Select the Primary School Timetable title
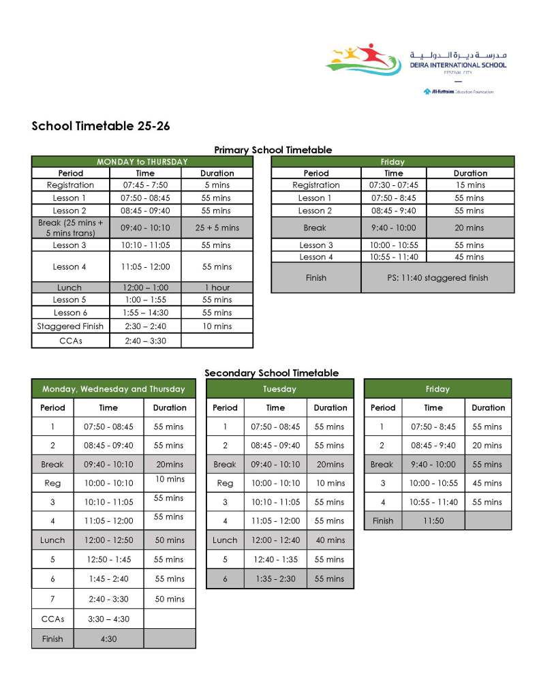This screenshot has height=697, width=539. [x=273, y=150]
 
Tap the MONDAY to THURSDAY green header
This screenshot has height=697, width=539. [x=142, y=161]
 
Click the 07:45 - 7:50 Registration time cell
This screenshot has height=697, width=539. [x=145, y=185]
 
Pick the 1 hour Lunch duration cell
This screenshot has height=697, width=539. [x=217, y=288]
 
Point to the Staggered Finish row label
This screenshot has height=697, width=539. [x=70, y=326]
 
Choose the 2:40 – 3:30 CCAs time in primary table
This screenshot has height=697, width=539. [x=145, y=340]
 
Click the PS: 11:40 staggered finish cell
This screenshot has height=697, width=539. [x=437, y=278]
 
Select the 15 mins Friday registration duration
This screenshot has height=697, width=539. [x=470, y=185]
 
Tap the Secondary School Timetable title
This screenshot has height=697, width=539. [x=271, y=373]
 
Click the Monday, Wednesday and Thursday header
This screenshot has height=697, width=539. [x=113, y=389]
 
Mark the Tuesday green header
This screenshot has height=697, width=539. [x=279, y=389]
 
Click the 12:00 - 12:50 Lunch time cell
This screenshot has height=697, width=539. [x=108, y=540]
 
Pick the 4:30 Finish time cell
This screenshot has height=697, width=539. [x=108, y=638]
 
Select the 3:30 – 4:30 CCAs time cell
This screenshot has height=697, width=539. [x=108, y=619]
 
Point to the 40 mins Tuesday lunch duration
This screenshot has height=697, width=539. [x=330, y=540]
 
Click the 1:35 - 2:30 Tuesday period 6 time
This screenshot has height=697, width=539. [x=275, y=578]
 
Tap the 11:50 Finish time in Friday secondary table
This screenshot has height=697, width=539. [x=433, y=521]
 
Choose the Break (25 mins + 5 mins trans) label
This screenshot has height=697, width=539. [x=70, y=228]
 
